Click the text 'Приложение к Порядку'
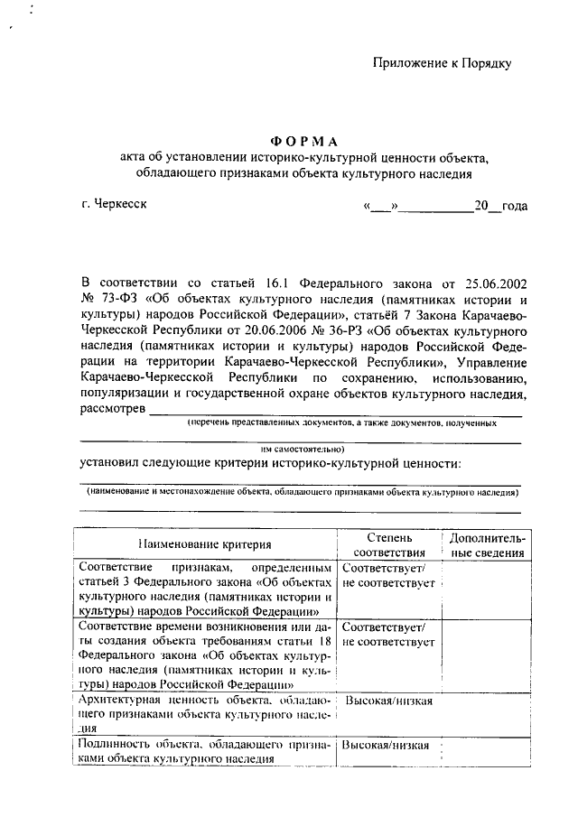pyautogui.click(x=443, y=62)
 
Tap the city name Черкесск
pyautogui.click(x=113, y=203)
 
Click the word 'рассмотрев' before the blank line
pyautogui.click(x=112, y=410)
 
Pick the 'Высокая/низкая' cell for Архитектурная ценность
pyautogui.click(x=389, y=701)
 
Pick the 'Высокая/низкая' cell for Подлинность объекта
pyautogui.click(x=389, y=746)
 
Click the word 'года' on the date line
pyautogui.click(x=514, y=206)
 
